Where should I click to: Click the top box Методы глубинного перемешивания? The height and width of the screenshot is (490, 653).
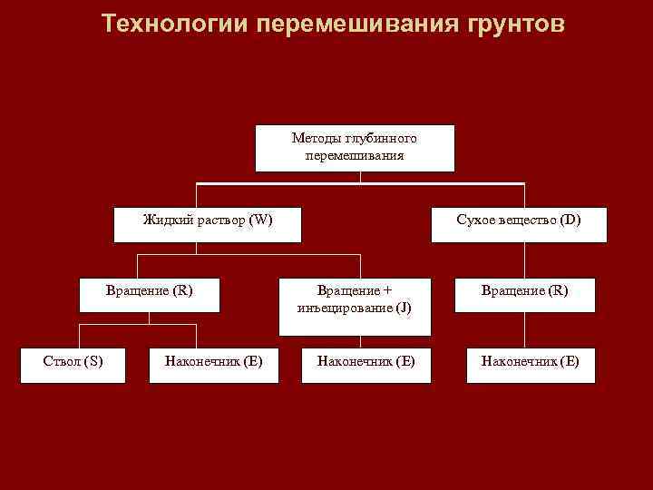click(355, 148)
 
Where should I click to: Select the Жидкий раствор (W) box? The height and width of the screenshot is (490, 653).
click(208, 224)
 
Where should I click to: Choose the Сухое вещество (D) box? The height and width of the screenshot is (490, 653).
click(519, 224)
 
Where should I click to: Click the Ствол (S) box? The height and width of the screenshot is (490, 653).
click(73, 365)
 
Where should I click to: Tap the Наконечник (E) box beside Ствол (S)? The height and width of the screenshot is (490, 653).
click(214, 365)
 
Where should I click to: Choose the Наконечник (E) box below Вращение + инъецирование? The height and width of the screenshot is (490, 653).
click(365, 365)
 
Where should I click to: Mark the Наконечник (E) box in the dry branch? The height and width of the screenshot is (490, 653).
click(530, 365)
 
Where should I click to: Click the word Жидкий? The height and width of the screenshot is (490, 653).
click(167, 220)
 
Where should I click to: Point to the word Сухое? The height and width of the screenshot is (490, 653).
click(474, 220)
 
